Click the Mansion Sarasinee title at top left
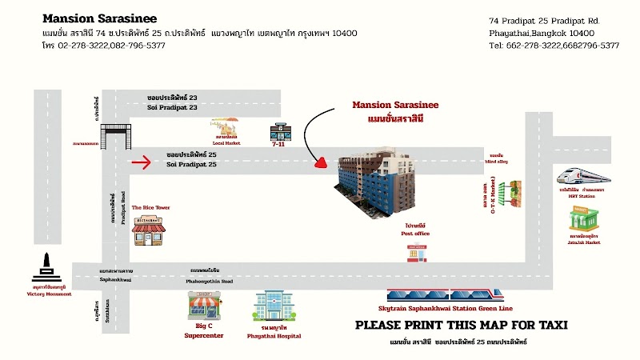pyautogui.click(x=99, y=18)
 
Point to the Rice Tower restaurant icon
pyautogui.click(x=150, y=230)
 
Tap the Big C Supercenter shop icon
pyautogui.click(x=203, y=305)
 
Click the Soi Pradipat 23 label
pyautogui.click(x=171, y=106)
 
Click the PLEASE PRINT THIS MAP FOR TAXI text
pyautogui.click(x=461, y=325)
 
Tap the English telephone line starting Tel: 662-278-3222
pyautogui.click(x=554, y=46)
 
